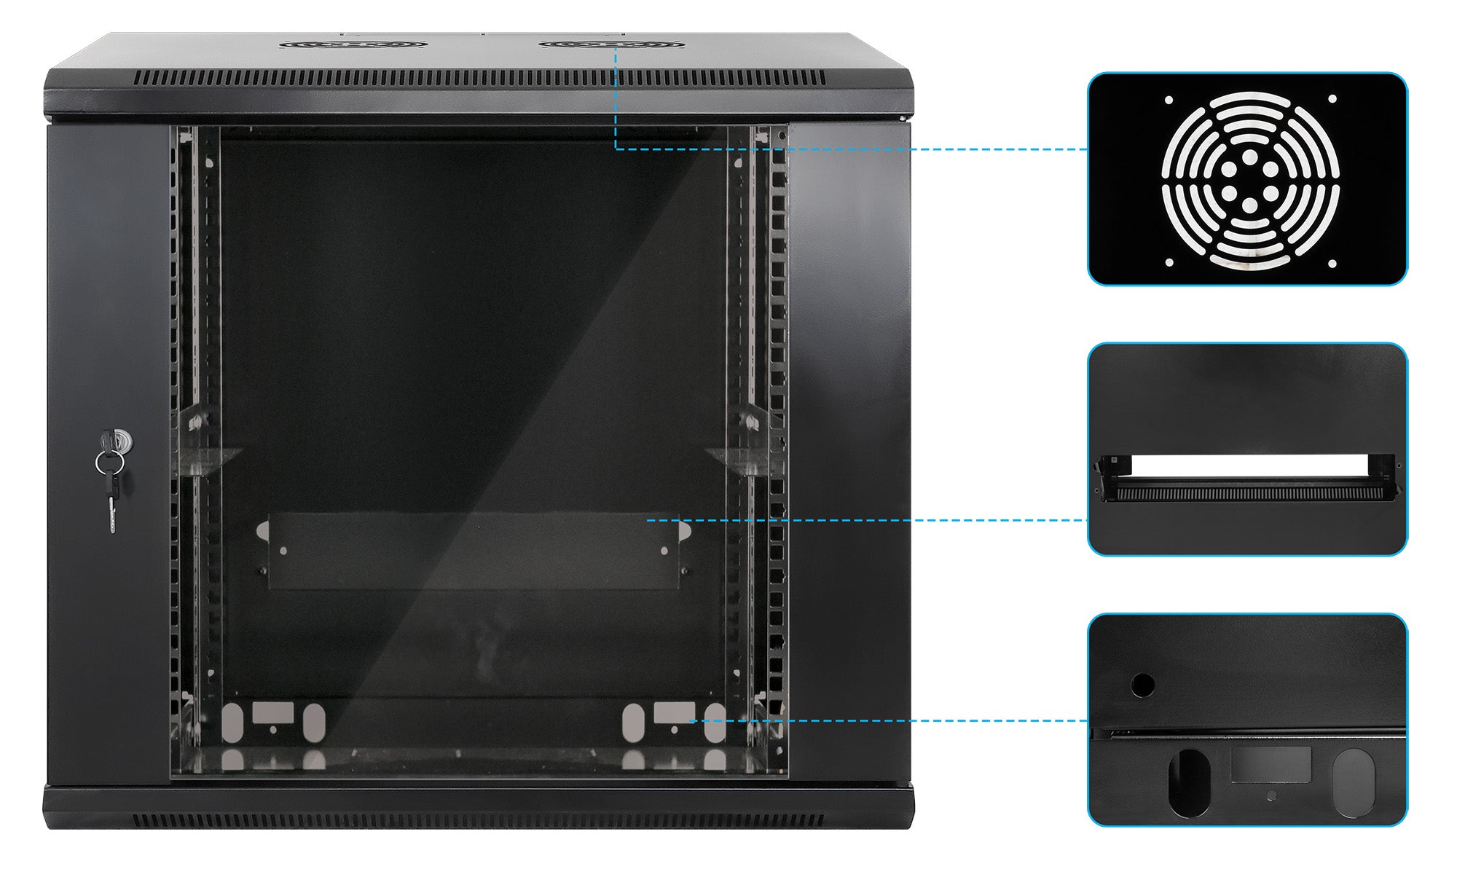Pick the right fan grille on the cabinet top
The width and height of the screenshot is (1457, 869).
611,44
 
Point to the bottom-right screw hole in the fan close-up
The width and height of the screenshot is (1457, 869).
1332,264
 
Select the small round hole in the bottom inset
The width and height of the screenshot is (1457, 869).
1142,685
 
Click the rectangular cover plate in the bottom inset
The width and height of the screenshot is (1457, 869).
1271,765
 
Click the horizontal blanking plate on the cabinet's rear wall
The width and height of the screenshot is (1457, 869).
474,551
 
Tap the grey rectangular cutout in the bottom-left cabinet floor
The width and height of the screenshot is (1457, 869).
272,712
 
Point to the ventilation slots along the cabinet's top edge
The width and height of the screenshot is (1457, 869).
481,78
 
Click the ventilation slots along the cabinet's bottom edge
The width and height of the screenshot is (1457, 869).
481,821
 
